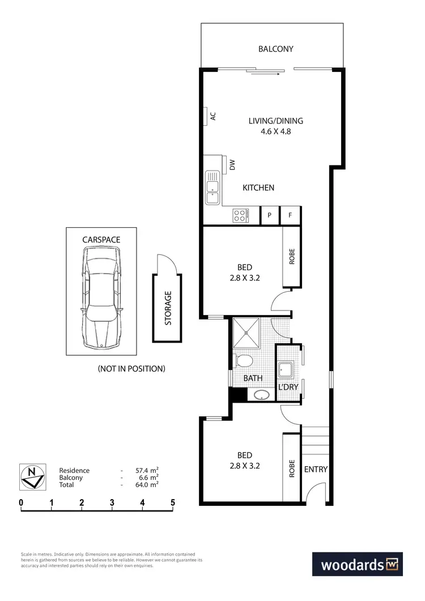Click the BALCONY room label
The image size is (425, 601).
click(276, 49)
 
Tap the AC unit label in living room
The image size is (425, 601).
click(214, 116)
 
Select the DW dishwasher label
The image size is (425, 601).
click(232, 164)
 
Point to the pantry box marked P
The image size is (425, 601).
click(270, 215)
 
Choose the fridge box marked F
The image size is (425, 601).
click(290, 215)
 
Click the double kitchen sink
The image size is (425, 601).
click(212, 189)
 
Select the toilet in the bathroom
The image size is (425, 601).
click(244, 361)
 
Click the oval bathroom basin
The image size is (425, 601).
click(261, 395)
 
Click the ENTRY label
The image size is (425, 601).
click(316, 469)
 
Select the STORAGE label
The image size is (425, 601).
click(168, 308)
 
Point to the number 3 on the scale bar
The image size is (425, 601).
click(112, 502)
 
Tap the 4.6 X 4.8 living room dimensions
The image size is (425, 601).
click(276, 131)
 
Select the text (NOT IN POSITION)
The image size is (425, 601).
click(131, 369)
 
